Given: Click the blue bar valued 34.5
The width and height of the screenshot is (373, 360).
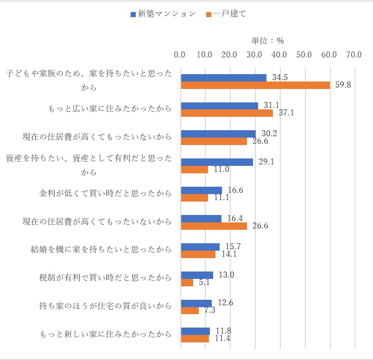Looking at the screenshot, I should pos(223,78).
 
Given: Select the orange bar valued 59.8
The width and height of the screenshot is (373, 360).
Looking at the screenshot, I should pos(255,85).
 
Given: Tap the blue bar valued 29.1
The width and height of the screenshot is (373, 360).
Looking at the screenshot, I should pos(217,162).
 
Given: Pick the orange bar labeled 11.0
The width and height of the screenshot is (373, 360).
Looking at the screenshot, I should pos(194,170).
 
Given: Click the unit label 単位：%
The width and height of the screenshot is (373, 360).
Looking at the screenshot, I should pos(267,41).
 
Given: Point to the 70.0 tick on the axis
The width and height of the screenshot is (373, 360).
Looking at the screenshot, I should pos(354,55).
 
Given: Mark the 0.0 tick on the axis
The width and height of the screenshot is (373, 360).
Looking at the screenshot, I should pos(179,55).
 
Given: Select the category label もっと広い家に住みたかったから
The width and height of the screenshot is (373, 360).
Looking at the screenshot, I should pos(110,109).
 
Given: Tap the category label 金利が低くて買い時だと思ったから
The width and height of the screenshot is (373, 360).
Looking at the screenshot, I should pos(106,193).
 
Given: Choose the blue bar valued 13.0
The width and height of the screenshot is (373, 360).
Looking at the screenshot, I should pos(197,275).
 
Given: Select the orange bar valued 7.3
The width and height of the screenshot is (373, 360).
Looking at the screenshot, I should pos(190,310).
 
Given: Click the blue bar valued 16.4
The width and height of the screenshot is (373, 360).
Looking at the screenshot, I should pos(201,219).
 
